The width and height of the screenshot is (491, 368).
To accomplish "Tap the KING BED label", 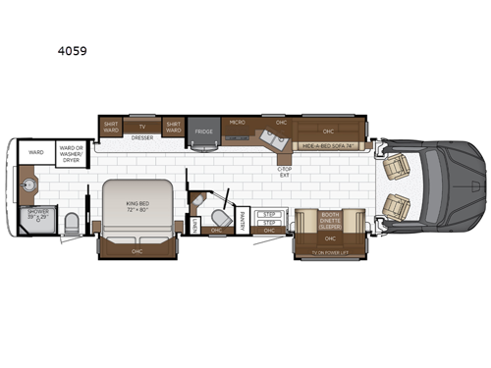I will pyautogui.click(x=136, y=207).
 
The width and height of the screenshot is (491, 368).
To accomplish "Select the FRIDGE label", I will pyautogui.click(x=204, y=131).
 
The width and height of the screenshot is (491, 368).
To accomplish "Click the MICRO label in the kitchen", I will pyautogui.click(x=237, y=123).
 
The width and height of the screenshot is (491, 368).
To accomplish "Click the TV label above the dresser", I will pyautogui.click(x=142, y=127).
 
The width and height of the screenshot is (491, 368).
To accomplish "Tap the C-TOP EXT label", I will pyautogui.click(x=286, y=173).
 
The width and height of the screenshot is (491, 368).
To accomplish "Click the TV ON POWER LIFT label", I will pyautogui.click(x=330, y=252).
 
